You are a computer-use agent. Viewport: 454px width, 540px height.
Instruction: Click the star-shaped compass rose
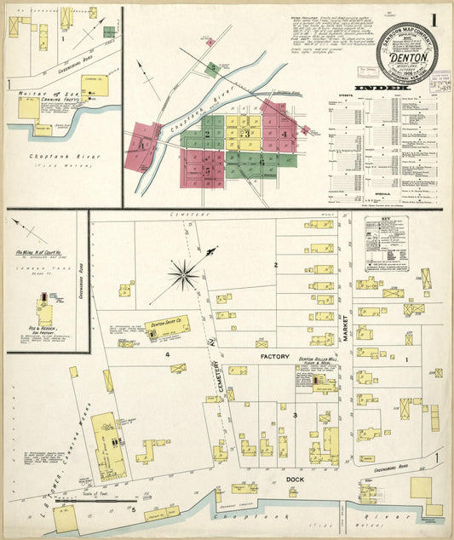pos(184,274)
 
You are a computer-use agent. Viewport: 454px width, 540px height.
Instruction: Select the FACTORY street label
pos(275,357)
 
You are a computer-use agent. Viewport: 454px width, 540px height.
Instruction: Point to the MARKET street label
pos(347,325)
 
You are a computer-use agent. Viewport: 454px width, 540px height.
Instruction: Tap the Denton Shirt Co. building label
pos(167,325)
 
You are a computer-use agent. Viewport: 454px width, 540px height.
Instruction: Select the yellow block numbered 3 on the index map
pos(247,134)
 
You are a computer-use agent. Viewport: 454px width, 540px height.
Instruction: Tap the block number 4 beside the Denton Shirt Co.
pos(168,353)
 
